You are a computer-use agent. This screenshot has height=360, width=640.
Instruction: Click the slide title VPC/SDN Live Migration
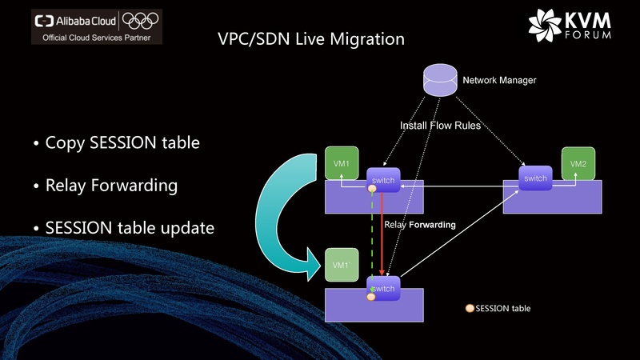pyautogui.click(x=311, y=38)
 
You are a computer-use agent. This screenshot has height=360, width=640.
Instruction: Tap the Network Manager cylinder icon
pyautogui.click(x=439, y=81)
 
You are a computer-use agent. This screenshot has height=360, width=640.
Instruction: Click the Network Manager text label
pyautogui.click(x=499, y=80)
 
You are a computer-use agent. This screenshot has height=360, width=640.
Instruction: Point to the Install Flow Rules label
pyautogui.click(x=441, y=126)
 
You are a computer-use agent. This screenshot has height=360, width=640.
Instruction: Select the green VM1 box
pyautogui.click(x=341, y=163)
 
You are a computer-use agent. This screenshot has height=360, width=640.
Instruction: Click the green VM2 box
pyautogui.click(x=578, y=163)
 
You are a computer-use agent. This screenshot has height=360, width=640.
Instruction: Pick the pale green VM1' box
pyautogui.click(x=341, y=265)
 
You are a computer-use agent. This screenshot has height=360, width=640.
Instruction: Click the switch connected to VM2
pyautogui.click(x=535, y=178)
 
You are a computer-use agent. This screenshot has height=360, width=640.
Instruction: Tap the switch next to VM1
pyautogui.click(x=383, y=181)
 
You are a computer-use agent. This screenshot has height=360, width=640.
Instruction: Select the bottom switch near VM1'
pyautogui.click(x=383, y=288)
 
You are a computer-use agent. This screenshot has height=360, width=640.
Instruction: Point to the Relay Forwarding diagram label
pyautogui.click(x=420, y=226)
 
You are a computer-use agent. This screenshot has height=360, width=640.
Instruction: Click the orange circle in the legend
pyautogui.click(x=470, y=308)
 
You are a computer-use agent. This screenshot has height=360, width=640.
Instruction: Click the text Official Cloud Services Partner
pyautogui.click(x=95, y=37)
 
